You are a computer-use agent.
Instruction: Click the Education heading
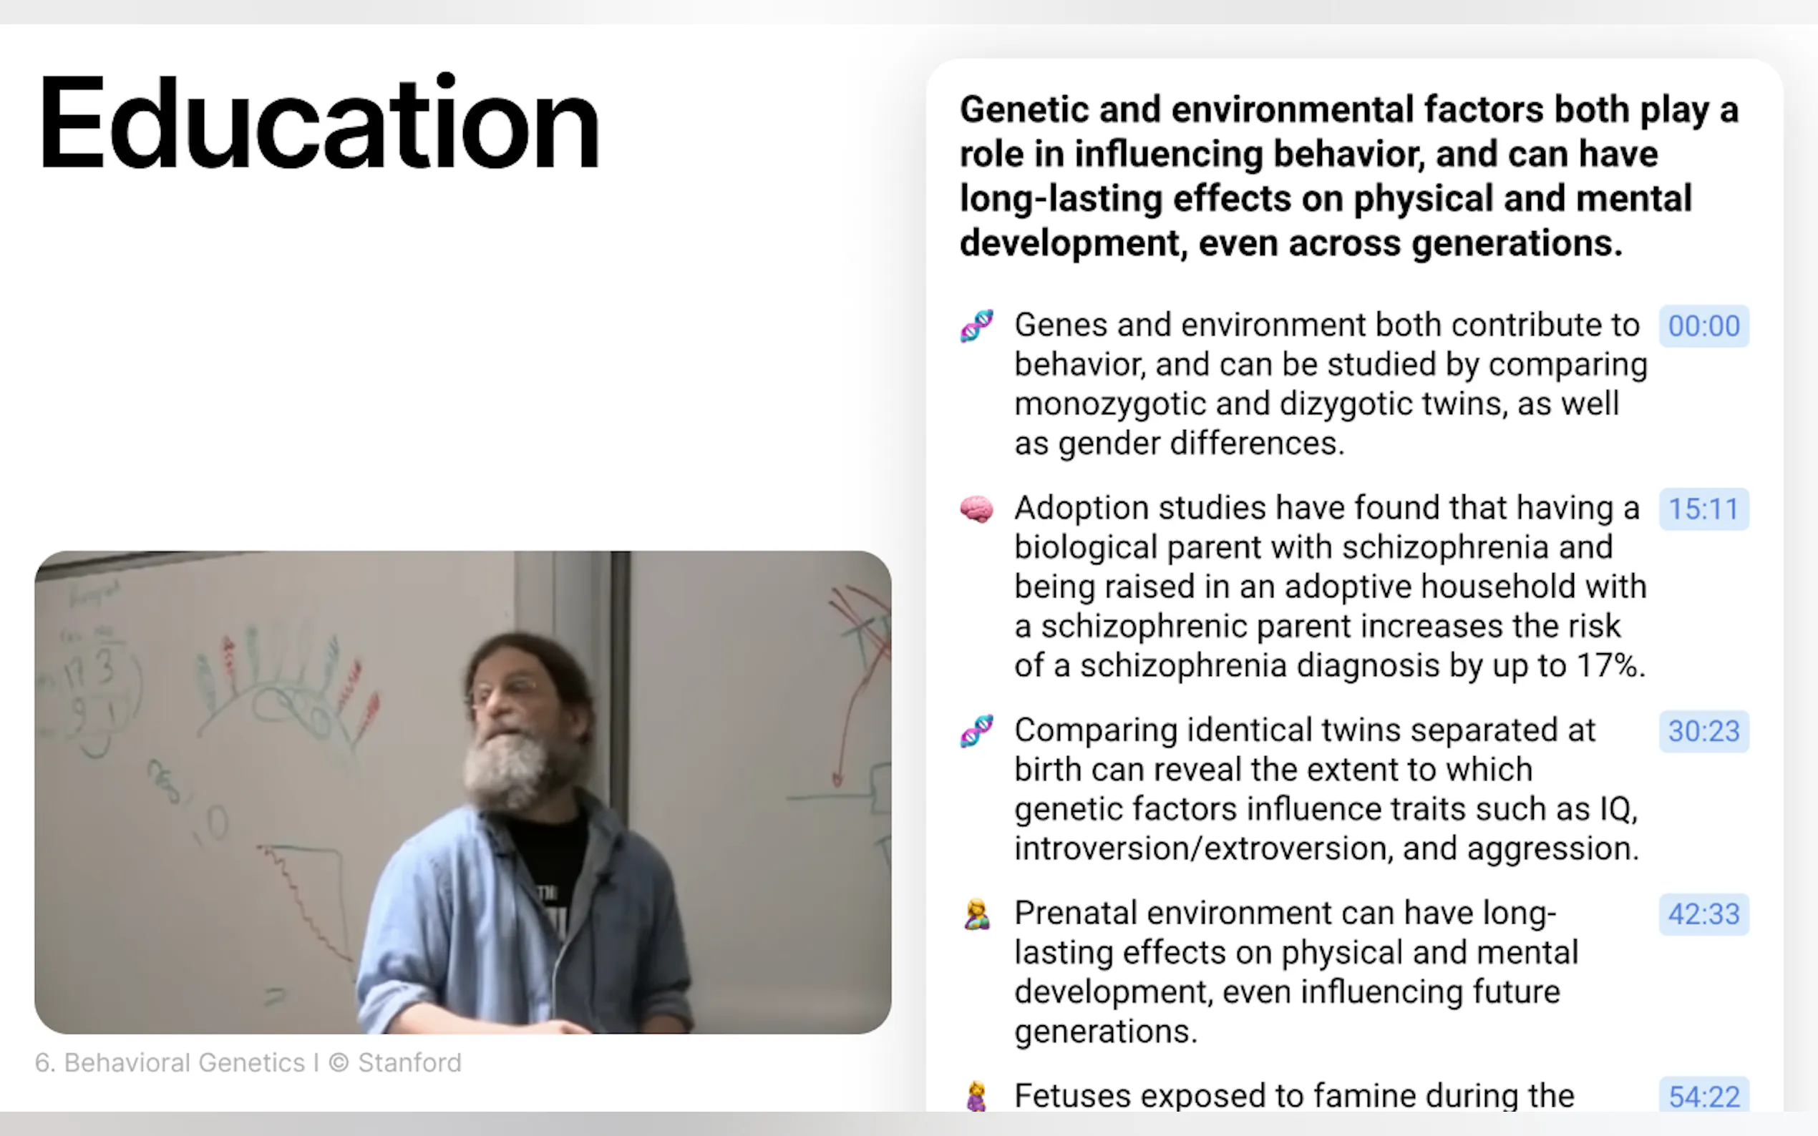coord(319,122)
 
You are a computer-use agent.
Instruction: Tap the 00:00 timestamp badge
coord(1703,326)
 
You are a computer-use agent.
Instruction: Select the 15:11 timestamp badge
coord(1703,509)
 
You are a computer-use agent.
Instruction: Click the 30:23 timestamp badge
coord(1703,731)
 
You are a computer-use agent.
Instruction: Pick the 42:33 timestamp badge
coord(1703,914)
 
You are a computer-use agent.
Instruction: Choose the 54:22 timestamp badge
coord(1703,1096)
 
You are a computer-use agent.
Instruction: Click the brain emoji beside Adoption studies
coord(976,509)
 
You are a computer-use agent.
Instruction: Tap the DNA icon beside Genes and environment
coord(976,326)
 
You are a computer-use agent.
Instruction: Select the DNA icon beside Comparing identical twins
coord(976,731)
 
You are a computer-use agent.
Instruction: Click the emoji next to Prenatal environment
coord(976,914)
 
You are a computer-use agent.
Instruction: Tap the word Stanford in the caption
coord(409,1062)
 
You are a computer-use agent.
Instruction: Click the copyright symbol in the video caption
coord(339,1063)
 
